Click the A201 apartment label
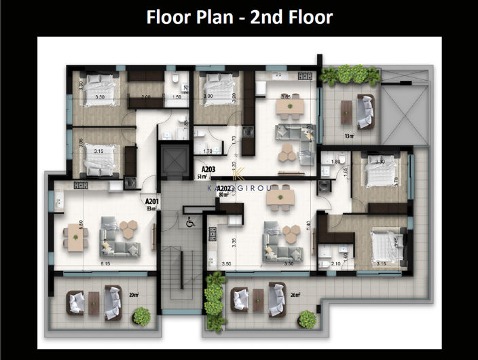[x=151, y=201]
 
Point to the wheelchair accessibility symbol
[x=190, y=219]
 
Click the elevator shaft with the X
[x=174, y=164]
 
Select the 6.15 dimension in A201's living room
[x=106, y=262]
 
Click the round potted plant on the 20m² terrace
[x=141, y=316]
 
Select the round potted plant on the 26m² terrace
[x=307, y=318]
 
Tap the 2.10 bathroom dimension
[x=335, y=264]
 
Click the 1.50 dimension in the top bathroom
[x=177, y=97]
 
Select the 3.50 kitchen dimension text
[x=227, y=264]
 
